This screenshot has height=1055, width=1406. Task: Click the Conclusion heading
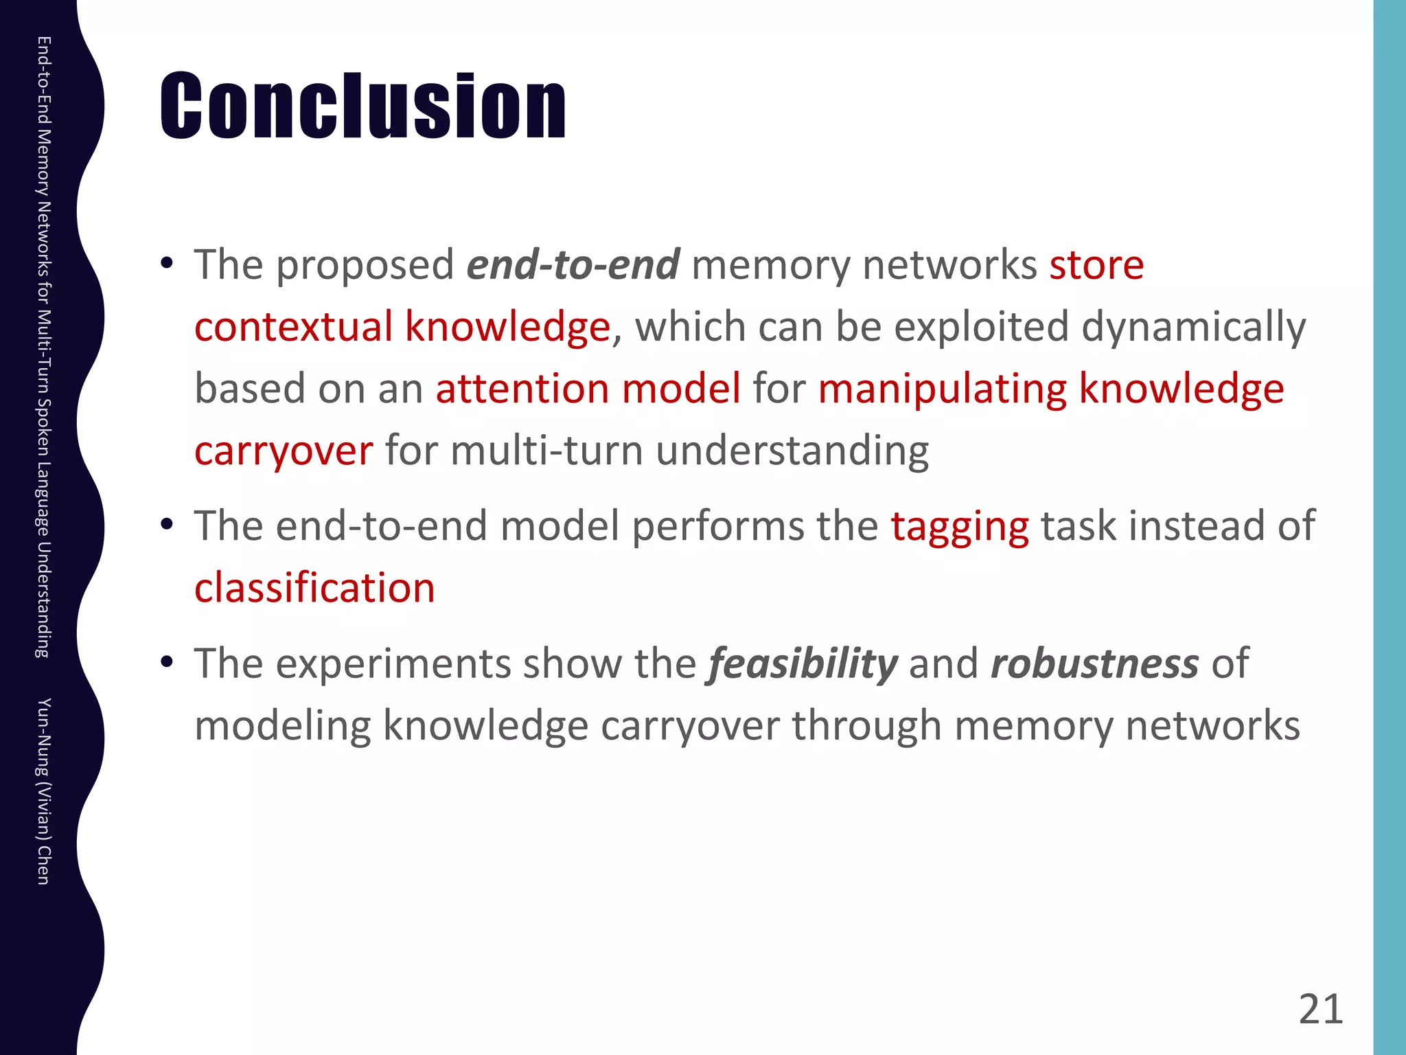point(363,106)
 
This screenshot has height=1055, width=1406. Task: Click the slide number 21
point(1320,1010)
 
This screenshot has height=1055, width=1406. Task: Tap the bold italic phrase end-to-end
point(573,265)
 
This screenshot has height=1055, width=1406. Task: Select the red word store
point(1096,265)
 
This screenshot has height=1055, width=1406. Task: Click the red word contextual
point(292,326)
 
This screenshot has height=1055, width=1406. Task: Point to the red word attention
point(522,389)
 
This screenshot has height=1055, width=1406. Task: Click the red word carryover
point(284,452)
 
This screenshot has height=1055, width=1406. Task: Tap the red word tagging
point(959,527)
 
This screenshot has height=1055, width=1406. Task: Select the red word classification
point(314,589)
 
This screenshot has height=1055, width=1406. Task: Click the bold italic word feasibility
point(803,664)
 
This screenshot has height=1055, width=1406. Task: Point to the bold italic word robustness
point(1094,664)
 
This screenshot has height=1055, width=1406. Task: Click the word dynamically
point(1194,328)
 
